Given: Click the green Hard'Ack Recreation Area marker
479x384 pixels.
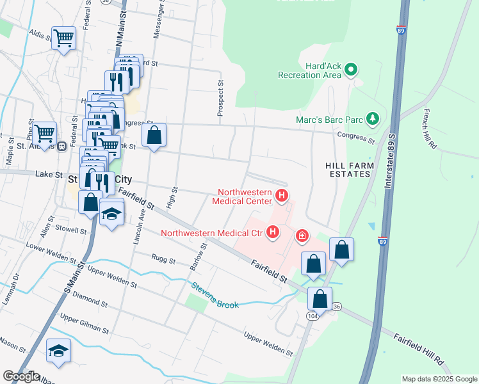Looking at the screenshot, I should tap(351, 68).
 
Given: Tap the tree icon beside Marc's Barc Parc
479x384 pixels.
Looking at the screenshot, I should tap(372, 119).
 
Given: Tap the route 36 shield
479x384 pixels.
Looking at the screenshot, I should tap(337, 307).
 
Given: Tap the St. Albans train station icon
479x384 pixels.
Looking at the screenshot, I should tap(62, 146).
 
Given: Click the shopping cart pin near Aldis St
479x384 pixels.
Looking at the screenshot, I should tap(63, 38).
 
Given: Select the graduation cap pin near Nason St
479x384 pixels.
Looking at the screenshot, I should tap(58, 351).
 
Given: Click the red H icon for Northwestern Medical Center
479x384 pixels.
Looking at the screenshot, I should tap(281, 195).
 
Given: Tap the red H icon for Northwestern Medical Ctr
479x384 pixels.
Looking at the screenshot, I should tap(273, 232).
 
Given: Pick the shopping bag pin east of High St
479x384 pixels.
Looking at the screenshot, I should tap(154, 135).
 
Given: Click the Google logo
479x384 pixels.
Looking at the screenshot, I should tap(20, 376).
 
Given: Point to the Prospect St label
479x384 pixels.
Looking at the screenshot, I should tap(220, 98).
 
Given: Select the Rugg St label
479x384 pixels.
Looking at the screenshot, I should tap(163, 260).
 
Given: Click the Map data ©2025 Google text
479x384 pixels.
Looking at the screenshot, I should tap(439, 379).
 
